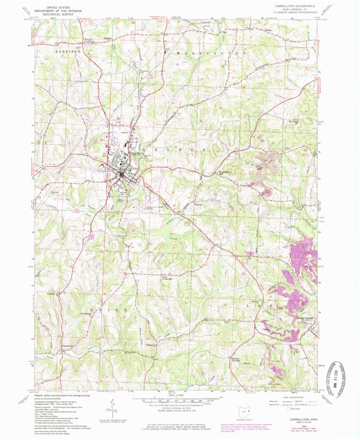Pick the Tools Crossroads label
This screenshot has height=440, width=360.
[x=167, y=278]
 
